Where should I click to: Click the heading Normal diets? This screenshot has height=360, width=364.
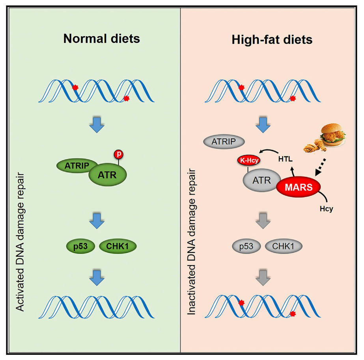coord(102,39)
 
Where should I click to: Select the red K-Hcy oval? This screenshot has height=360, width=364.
coord(247,160)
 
